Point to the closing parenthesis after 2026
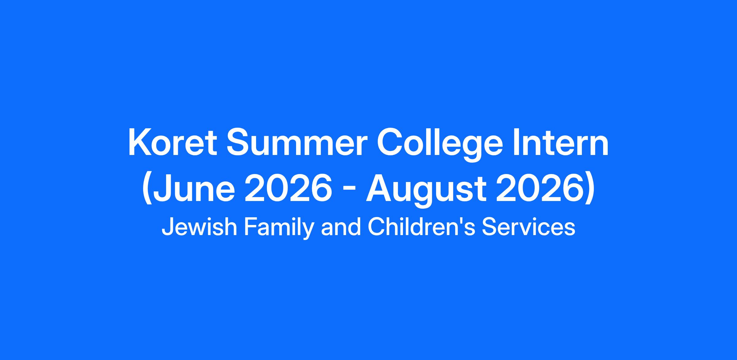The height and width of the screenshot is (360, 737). pos(589,190)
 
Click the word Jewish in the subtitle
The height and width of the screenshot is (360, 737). pos(199,227)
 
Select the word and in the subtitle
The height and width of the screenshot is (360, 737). pos(341,227)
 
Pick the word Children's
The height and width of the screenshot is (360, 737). pos(421,227)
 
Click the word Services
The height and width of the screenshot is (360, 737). pos(528,227)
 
